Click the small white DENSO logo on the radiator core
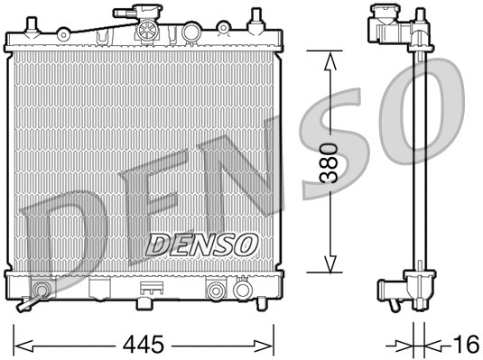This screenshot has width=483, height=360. coord(202,243)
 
